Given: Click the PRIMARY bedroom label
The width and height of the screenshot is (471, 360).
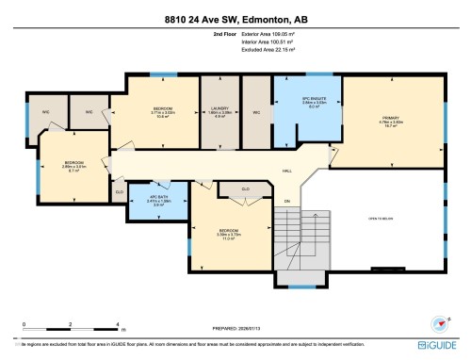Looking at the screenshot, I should pos(392,119).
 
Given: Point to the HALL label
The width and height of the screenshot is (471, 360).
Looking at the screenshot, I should pos(286,172).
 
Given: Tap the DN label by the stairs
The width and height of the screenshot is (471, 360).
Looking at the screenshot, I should pos(287,201).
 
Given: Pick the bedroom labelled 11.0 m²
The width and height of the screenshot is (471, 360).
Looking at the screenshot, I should pos(228,234).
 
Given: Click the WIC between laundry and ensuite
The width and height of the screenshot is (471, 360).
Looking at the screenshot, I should pos(256,112).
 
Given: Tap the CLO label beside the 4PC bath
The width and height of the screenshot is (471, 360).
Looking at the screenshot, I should pos(119,191).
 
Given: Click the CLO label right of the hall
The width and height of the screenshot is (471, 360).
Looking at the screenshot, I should pos(245,189).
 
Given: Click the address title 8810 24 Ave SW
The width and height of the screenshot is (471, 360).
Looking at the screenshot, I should pos(235,16).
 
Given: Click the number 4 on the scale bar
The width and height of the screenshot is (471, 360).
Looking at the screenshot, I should pos(117,323).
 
